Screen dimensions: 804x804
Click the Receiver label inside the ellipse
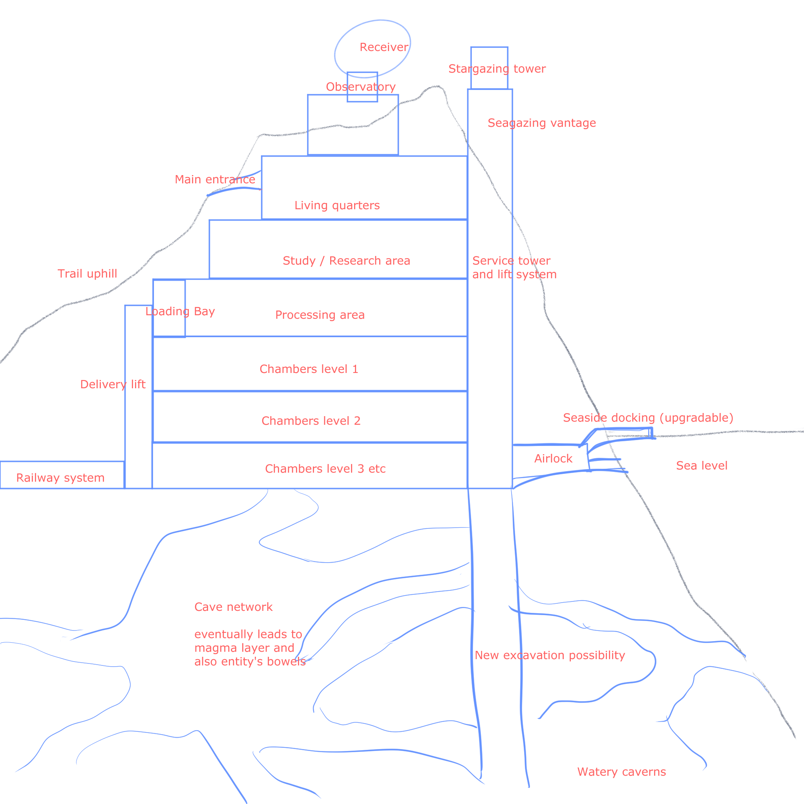pos(384,48)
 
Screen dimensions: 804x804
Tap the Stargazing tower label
pos(497,69)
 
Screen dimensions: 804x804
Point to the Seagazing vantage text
pos(542,123)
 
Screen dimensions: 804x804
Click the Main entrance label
pos(215,179)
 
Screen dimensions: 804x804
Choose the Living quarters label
pos(337,206)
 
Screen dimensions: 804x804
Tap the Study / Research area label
pos(347,261)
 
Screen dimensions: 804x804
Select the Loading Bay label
pos(180,311)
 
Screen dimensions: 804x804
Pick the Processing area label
pos(320,315)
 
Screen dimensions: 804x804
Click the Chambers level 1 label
pos(309,369)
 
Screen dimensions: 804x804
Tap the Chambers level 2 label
pos(311,421)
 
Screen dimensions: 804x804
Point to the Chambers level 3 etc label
pos(325,469)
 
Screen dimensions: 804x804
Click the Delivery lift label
pos(113,384)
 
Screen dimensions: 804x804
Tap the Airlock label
pos(554,459)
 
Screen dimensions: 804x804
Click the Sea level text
pos(702,466)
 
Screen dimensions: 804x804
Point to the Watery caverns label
pos(622,772)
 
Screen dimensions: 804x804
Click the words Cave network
pos(234,607)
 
